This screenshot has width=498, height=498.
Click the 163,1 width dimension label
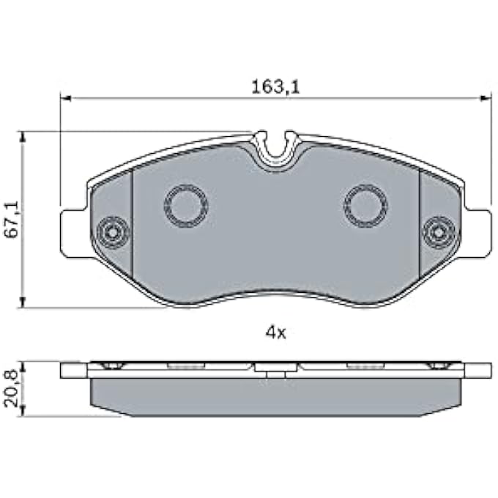coord(275,86)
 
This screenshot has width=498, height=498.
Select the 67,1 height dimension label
coord(12,220)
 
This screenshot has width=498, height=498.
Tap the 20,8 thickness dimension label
coord(12,389)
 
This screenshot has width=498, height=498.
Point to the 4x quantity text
coord(275,332)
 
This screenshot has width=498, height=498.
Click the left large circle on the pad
coord(186,206)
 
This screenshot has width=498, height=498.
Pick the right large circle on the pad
coord(365,206)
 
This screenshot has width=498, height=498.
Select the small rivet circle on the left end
coord(113,233)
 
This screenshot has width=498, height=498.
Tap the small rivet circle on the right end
coord(438,233)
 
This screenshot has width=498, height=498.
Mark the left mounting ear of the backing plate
coord(74,233)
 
